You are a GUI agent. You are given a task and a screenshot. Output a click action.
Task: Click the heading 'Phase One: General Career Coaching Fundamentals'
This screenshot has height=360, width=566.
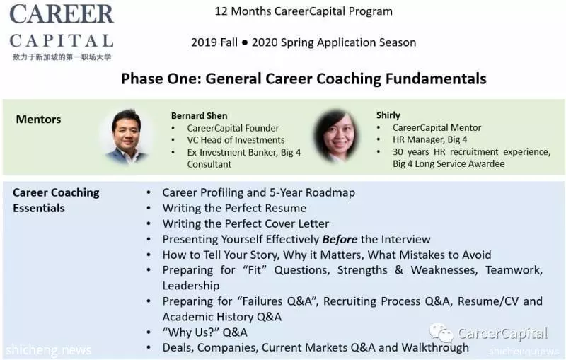(304, 79)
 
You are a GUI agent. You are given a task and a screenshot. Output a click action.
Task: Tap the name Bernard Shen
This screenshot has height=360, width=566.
(200, 116)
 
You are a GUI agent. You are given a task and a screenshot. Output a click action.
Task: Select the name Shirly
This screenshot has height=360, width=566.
(388, 115)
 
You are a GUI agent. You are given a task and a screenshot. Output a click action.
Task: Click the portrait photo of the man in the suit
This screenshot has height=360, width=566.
(126, 136)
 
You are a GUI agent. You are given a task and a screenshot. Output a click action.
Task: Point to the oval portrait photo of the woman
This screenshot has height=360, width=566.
(337, 135)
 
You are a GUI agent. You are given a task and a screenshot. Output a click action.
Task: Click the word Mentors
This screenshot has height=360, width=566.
(39, 120)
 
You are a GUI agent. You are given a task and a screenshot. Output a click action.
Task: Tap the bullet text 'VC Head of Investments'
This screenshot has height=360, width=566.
(236, 140)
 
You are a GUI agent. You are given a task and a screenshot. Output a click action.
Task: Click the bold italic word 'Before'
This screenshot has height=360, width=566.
(340, 240)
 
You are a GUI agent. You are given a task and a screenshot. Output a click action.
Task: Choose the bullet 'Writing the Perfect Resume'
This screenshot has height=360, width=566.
(234, 208)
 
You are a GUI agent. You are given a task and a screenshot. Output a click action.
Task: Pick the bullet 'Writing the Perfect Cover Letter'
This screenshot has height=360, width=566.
(246, 223)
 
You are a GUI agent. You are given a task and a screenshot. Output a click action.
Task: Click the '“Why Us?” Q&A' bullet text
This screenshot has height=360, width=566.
(204, 332)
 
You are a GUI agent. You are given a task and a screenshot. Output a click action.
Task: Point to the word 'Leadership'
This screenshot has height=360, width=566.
(191, 286)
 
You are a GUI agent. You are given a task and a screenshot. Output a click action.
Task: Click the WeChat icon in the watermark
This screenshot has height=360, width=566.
(441, 332)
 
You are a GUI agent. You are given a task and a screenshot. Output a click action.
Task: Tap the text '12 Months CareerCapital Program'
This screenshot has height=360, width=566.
(304, 11)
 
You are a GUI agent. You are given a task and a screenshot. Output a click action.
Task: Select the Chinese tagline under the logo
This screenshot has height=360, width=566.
(62, 57)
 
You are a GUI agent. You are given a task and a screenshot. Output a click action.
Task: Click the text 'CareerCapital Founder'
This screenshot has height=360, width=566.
(233, 128)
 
